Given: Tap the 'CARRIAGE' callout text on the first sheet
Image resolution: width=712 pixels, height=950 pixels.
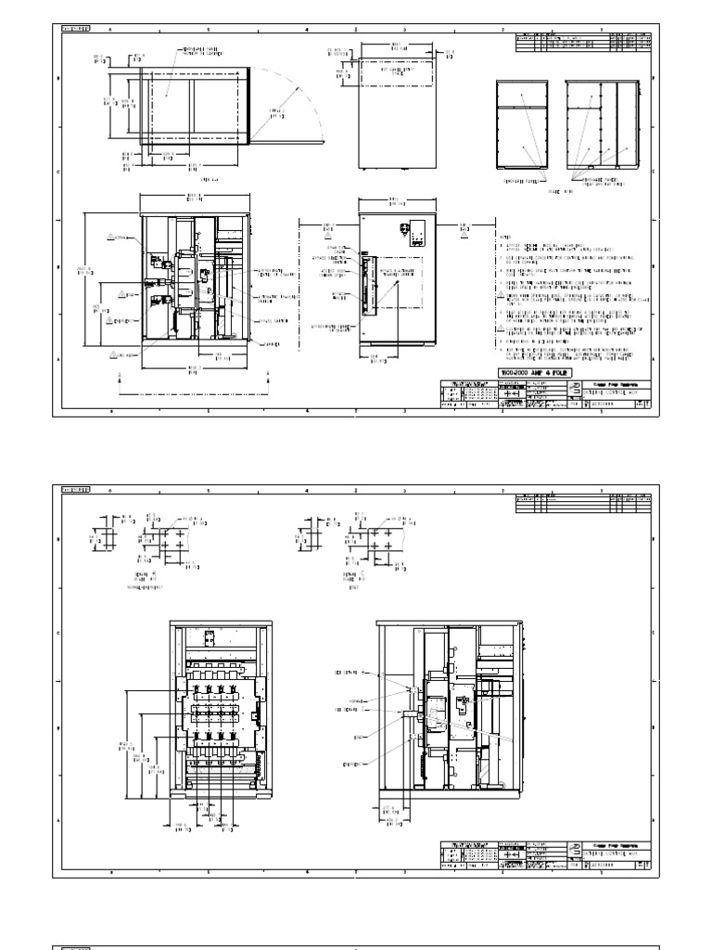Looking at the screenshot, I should click(247, 344).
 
